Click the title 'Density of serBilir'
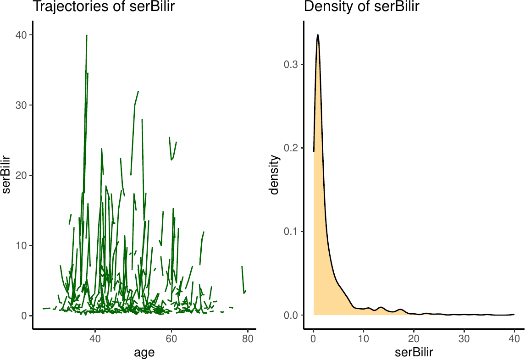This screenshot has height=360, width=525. click(362, 7)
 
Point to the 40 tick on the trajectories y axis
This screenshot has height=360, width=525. click(22, 35)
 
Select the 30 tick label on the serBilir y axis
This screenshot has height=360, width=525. click(22, 105)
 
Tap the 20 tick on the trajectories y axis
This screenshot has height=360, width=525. click(22, 175)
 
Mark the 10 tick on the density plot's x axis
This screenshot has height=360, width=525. click(364, 340)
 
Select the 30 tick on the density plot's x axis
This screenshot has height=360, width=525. click(464, 340)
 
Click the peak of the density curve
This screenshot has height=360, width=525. click(317, 35)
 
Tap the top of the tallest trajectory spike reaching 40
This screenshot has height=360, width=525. click(87, 35)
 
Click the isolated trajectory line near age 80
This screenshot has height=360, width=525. click(243, 280)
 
